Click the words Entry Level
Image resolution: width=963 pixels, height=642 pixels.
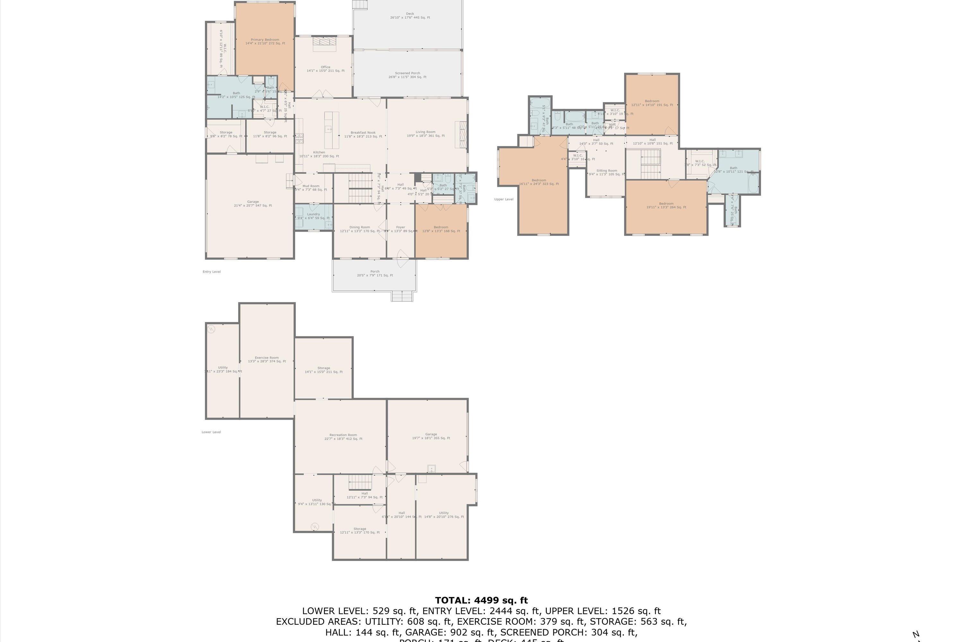[x=212, y=272]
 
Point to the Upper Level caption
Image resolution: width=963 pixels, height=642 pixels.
[x=504, y=199]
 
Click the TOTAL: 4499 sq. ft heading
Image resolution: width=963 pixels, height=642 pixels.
[x=481, y=600]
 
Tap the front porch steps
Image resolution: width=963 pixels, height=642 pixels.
[x=402, y=296]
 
